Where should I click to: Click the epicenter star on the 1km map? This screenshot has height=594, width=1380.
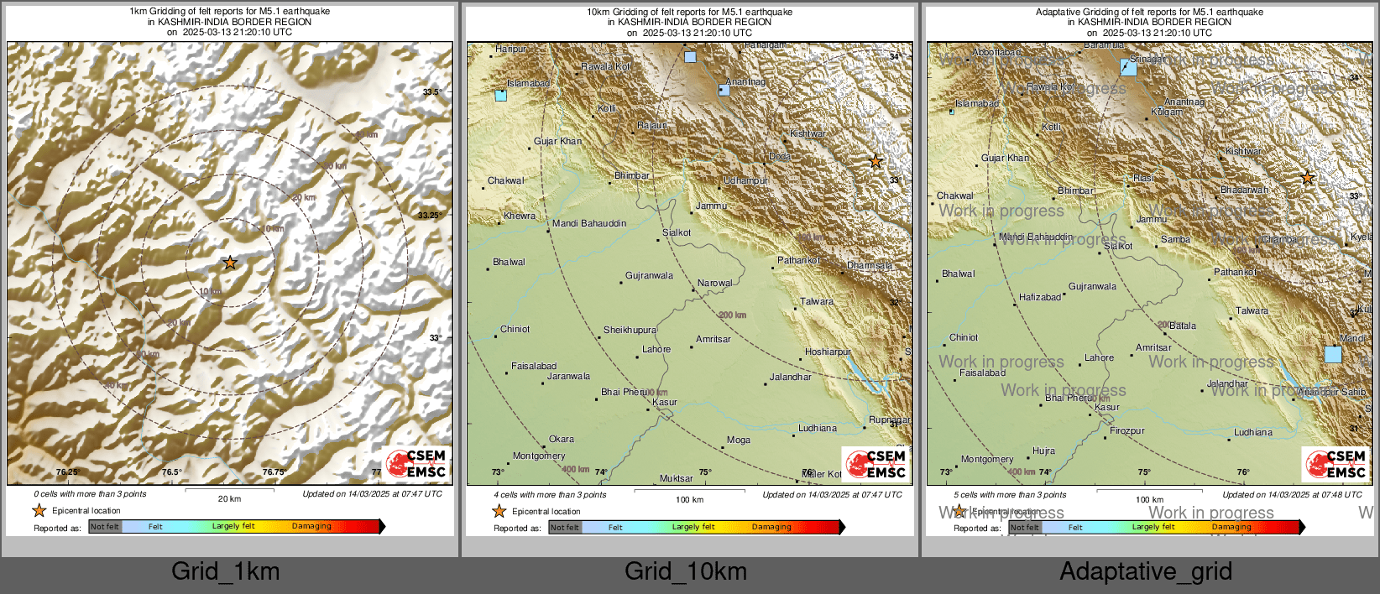point(230,263)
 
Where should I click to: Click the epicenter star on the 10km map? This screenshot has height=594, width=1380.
point(876,161)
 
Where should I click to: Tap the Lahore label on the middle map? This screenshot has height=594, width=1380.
point(656,349)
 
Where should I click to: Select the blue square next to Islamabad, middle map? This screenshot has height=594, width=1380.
point(501,95)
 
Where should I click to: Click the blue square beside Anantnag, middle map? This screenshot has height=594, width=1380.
point(724,89)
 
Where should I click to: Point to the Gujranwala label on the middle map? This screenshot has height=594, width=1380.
point(649,275)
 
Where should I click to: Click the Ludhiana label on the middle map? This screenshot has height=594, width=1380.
point(817,428)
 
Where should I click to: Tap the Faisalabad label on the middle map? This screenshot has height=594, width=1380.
point(534,366)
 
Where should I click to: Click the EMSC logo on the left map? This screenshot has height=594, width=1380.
point(417,464)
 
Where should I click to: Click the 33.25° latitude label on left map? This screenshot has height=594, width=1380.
point(429,216)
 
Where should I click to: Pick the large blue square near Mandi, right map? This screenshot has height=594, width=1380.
point(1333,354)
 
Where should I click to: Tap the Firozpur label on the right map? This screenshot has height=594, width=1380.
point(1127,430)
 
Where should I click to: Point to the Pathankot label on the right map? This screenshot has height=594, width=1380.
point(1235,272)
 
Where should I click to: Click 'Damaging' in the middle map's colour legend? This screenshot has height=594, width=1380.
point(771,527)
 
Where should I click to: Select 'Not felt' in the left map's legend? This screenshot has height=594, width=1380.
point(105,526)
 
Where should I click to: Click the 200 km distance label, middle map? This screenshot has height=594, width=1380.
point(732,315)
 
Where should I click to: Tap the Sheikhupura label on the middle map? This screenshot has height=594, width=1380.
point(630,330)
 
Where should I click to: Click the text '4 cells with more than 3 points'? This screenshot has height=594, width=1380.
point(549,494)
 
